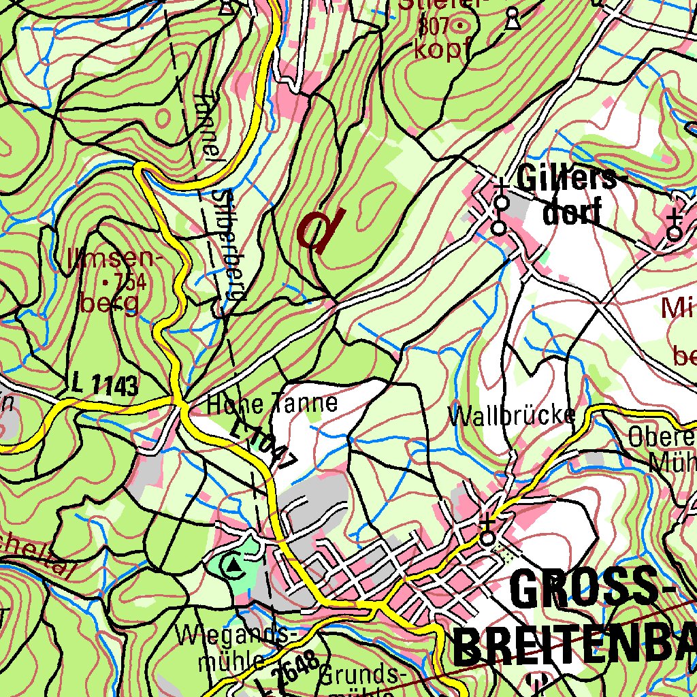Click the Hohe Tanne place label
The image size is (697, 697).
pyautogui.click(x=272, y=404)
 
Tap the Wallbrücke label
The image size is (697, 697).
pyautogui.click(x=511, y=415)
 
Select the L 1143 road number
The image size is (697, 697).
pyautogui.click(x=104, y=387)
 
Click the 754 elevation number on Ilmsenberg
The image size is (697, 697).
pyautogui.click(x=130, y=281)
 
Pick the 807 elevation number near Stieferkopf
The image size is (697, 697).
pyautogui.click(x=434, y=27)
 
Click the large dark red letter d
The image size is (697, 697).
pyautogui.click(x=320, y=229)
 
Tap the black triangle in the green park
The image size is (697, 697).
pyautogui.click(x=234, y=565)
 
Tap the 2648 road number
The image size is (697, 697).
pyautogui.click(x=296, y=668)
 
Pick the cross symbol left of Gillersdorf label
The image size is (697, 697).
pyautogui.click(x=501, y=185)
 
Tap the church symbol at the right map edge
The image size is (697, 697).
pyautogui.click(x=675, y=227)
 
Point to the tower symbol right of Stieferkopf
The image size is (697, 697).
pyautogui.click(x=513, y=20)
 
